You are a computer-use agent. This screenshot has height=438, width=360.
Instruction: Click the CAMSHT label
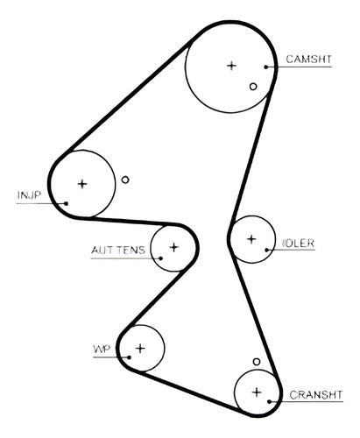pyautogui.click(x=309, y=60)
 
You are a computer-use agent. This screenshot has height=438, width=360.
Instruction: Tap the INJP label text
pyautogui.click(x=29, y=195)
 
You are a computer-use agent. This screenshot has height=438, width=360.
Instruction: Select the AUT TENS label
pyautogui.click(x=118, y=250)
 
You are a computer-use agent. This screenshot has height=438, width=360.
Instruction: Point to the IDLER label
pyautogui.click(x=298, y=244)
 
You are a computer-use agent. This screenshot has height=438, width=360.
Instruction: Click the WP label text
pyautogui.click(x=102, y=349)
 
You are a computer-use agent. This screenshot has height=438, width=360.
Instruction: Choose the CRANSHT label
pyautogui.click(x=316, y=395)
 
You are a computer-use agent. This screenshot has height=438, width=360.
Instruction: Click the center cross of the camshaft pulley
pyautogui.click(x=231, y=66)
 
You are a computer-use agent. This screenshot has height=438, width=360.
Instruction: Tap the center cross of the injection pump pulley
pyautogui.click(x=82, y=184)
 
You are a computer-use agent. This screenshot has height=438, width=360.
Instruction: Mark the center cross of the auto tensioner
pyautogui.click(x=174, y=247)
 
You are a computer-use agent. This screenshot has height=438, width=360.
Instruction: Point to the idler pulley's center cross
pyautogui.click(x=251, y=239)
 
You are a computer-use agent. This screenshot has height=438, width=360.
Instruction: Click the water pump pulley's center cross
pyautogui.click(x=140, y=349)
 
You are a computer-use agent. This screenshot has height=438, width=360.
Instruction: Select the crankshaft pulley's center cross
pyautogui.click(x=257, y=392)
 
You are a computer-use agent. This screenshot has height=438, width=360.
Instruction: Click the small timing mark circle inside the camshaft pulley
pyautogui.click(x=253, y=87)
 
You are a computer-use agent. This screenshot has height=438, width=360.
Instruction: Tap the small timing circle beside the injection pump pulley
pyautogui.click(x=125, y=180)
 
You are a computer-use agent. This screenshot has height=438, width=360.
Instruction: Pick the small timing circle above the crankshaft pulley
pyautogui.click(x=257, y=362)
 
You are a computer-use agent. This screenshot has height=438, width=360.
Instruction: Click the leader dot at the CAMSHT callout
pyautogui.click(x=266, y=67)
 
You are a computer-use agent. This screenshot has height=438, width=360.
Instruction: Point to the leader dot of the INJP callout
pyautogui.click(x=67, y=203)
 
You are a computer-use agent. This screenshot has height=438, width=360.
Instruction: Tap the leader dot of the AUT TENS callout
pyautogui.click(x=160, y=258)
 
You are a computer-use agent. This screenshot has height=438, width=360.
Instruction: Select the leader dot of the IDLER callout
pyautogui.click(x=266, y=250)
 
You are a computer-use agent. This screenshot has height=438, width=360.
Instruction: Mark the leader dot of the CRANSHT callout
pyautogui.click(x=270, y=402)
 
